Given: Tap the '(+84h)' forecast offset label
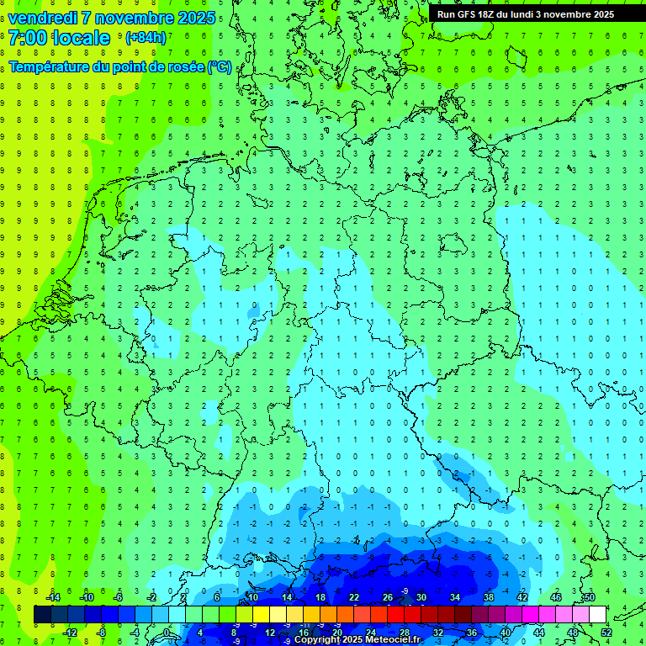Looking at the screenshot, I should point(146,37).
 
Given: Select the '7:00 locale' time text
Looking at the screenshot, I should point(59,38).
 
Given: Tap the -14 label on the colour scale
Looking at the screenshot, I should point(52,597).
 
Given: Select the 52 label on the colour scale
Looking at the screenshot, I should point(606,633).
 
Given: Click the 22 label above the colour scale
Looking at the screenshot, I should point(353,597).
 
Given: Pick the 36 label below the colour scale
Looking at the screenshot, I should point(471,633).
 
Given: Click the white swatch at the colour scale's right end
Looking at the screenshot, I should point(597,615).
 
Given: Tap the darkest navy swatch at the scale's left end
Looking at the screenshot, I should point(42,615).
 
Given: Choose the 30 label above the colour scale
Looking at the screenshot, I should point(421,597).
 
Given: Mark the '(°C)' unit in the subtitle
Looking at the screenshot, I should point(220,67).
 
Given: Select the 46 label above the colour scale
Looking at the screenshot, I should point(555,597).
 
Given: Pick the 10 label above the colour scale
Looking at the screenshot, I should point(252,597).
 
